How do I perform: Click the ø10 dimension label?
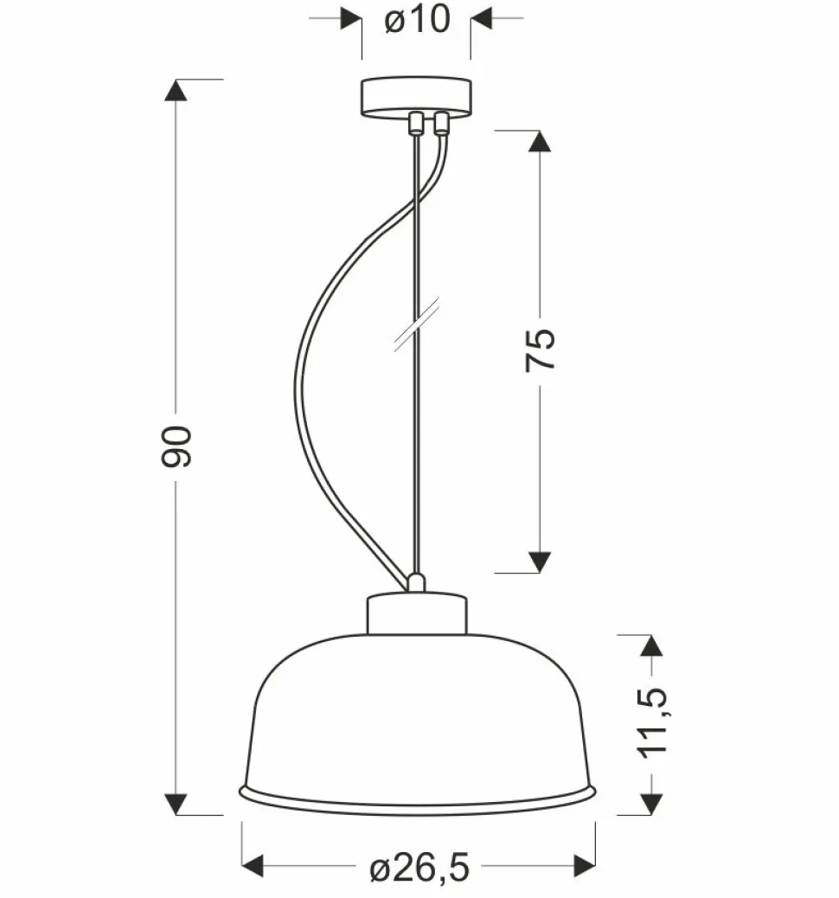[x=418, y=19]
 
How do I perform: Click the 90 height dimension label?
[x=176, y=446]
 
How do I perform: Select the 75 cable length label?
[x=540, y=349]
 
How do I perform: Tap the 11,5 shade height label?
[x=654, y=724]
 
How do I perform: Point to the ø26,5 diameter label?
[x=419, y=866]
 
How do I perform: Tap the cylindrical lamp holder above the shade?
[x=416, y=613]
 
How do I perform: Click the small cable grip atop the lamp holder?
[x=416, y=582]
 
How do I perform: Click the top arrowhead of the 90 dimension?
[x=176, y=90]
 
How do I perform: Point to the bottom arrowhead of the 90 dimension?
[x=176, y=805]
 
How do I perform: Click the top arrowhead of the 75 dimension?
[x=540, y=141]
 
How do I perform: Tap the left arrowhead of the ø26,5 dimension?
[x=253, y=864]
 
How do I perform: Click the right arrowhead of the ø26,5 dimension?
[x=585, y=864]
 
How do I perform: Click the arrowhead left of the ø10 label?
[x=351, y=17]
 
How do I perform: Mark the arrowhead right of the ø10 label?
[x=481, y=17]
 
